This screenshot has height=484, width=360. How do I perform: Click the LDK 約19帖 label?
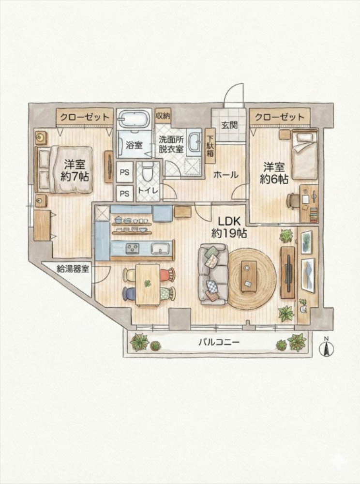click(x=229, y=227)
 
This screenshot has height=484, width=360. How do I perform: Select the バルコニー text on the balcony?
click(x=219, y=342)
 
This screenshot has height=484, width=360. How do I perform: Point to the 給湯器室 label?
click(x=73, y=269)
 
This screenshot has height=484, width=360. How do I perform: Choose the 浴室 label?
click(x=134, y=145)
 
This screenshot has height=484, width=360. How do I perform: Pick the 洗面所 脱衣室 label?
click(x=171, y=144)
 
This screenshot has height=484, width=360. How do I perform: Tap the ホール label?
click(x=226, y=175)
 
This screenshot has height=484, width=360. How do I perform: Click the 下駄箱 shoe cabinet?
click(x=210, y=146)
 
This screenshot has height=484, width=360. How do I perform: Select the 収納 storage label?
click(x=163, y=116)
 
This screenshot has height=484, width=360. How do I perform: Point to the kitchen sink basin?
click(x=160, y=247)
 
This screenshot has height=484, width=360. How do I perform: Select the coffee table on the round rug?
click(x=249, y=276)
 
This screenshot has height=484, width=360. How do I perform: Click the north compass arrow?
click(x=327, y=348)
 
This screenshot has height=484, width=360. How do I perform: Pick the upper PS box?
click(x=125, y=172)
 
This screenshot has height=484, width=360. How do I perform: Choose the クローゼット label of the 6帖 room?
click(x=280, y=117)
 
